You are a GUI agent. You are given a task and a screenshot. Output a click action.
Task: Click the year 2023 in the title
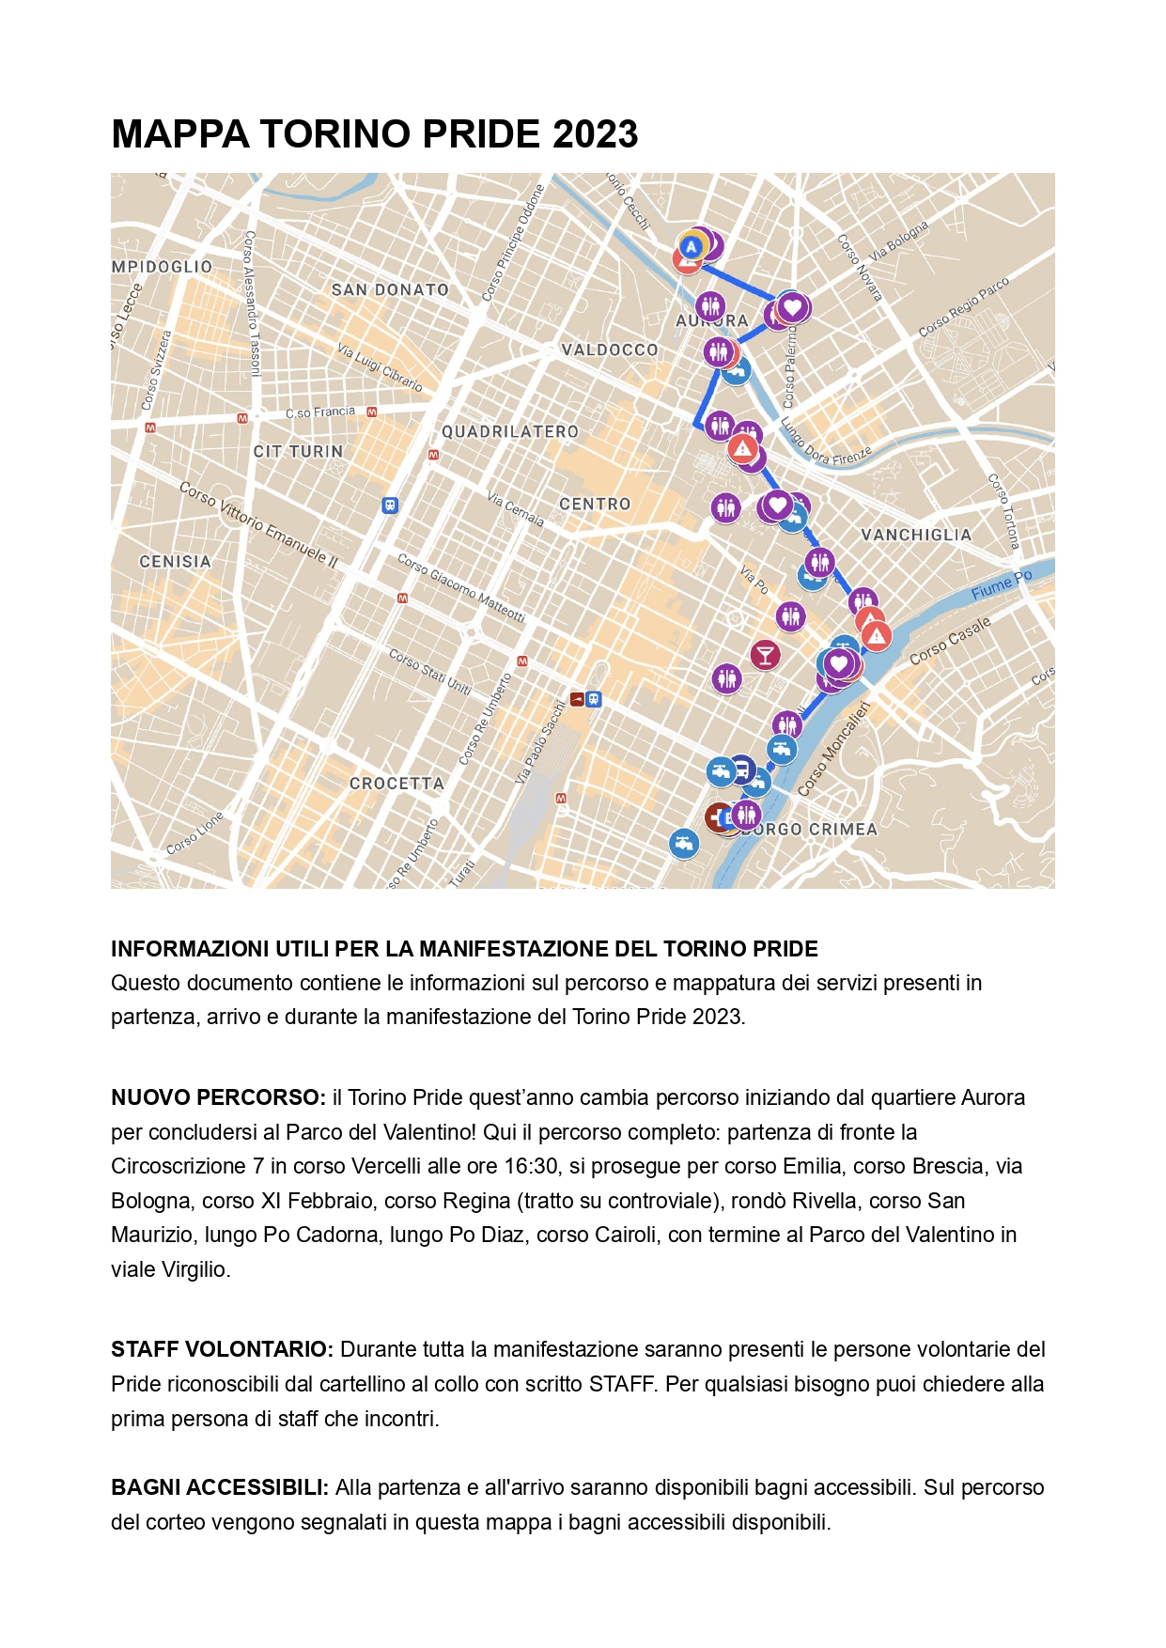[x=595, y=134]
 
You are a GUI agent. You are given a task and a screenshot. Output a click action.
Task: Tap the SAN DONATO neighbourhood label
[x=390, y=290]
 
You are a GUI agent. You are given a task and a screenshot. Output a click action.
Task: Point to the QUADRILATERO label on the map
[x=510, y=432]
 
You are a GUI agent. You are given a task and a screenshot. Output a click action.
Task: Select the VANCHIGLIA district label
[x=916, y=535]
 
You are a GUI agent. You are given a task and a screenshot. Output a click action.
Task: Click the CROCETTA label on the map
[x=396, y=783]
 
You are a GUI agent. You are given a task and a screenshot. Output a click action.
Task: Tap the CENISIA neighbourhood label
[x=176, y=561]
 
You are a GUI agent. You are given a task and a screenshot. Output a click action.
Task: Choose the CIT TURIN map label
[x=298, y=451]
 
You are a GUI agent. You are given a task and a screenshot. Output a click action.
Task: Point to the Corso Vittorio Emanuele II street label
[x=258, y=523]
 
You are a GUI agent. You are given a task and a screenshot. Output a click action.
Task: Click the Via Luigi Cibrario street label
[x=380, y=366]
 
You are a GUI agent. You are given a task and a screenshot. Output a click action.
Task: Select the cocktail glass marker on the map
[x=765, y=654]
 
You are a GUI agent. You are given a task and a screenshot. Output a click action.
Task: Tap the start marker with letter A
[x=692, y=247]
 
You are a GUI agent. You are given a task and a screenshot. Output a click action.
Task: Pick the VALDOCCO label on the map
[x=610, y=350]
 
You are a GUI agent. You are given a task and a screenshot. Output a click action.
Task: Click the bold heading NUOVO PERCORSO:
[x=218, y=1097]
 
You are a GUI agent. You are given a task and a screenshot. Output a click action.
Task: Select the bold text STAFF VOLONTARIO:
[x=222, y=1349]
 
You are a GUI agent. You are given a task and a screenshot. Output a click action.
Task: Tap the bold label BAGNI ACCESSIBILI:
[x=220, y=1487]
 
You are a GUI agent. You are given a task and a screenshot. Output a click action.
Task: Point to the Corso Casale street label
[x=950, y=641]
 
